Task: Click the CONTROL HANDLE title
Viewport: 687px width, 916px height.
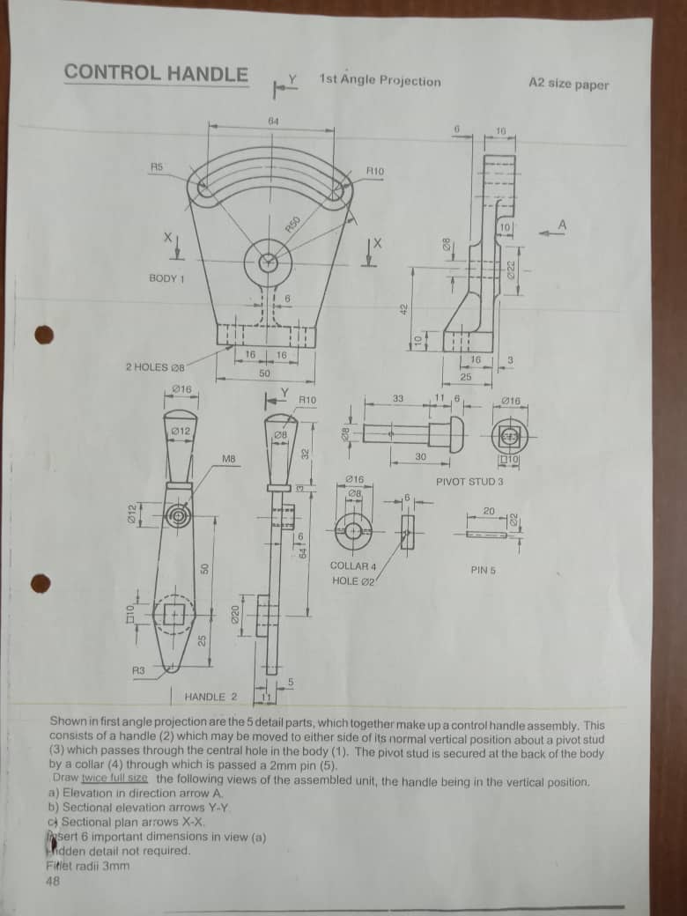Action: coord(156,73)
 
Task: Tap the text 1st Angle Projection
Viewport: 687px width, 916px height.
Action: coord(380,80)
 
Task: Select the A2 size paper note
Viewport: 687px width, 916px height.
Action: coord(568,85)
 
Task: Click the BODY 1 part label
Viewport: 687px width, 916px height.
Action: coord(166,278)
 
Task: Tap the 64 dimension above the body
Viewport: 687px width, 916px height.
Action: coord(272,120)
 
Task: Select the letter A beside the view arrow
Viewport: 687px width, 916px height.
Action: coord(562,225)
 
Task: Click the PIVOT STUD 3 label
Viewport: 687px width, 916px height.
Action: coord(469,482)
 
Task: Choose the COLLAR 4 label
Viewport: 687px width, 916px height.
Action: coord(352,565)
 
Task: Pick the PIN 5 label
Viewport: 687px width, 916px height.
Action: coord(483,570)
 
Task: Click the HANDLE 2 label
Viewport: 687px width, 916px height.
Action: coord(211,697)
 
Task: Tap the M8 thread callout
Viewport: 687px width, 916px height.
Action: coord(228,459)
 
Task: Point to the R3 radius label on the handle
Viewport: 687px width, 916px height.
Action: coord(138,671)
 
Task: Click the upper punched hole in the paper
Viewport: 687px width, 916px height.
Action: coord(43,336)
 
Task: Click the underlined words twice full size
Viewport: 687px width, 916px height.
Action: coord(114,779)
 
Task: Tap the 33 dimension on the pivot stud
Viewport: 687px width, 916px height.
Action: coord(398,399)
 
